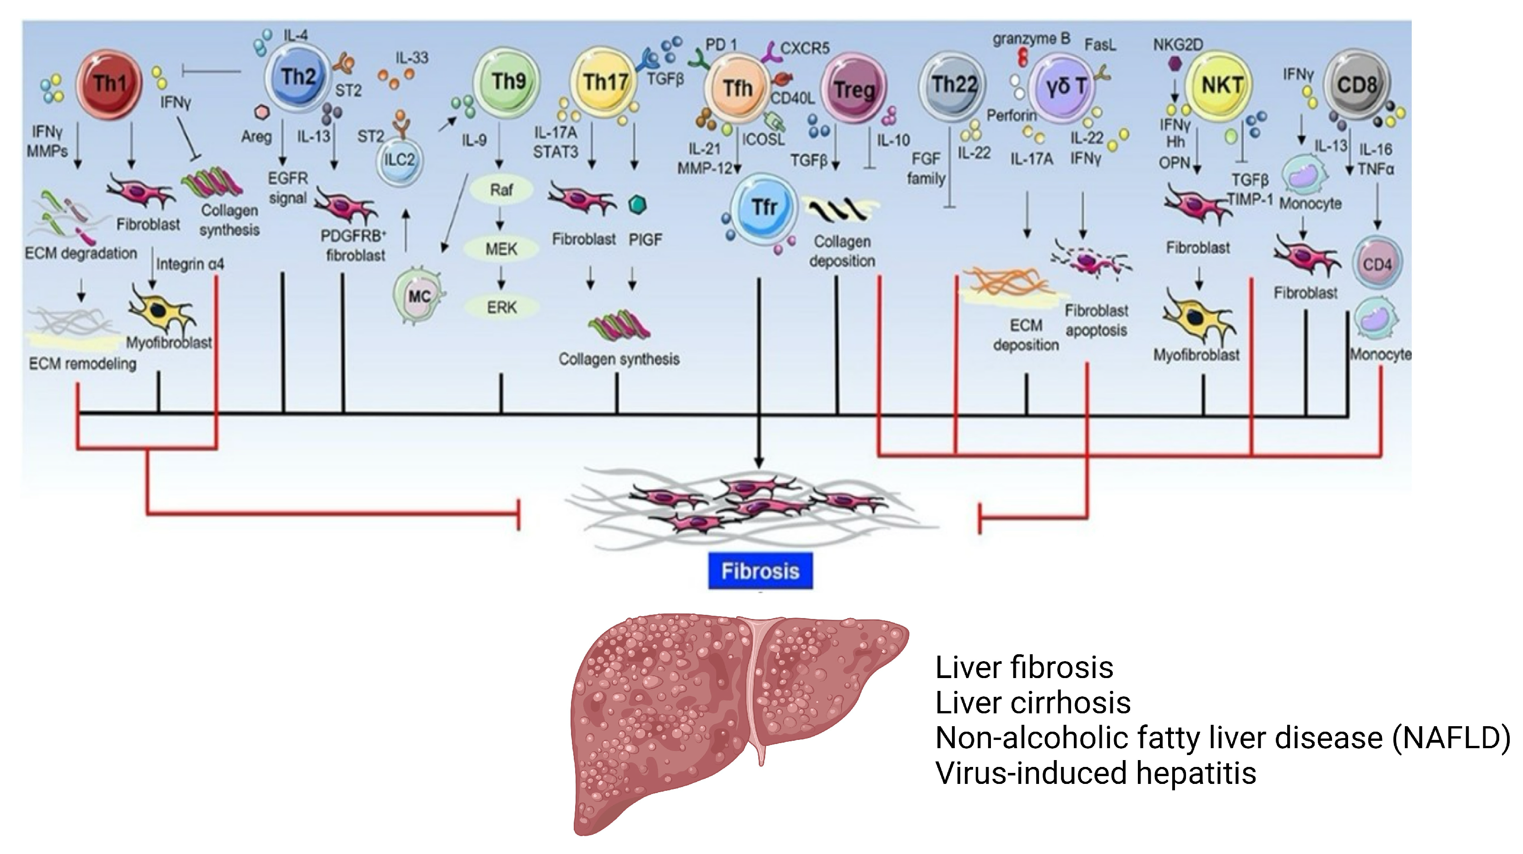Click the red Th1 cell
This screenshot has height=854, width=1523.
[x=109, y=84]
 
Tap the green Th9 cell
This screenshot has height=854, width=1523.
[x=507, y=82]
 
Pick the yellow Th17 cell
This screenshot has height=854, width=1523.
[x=604, y=83]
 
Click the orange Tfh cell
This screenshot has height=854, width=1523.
[x=737, y=89]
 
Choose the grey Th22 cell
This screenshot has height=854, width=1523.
[x=952, y=86]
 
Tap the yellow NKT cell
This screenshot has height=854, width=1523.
[x=1221, y=86]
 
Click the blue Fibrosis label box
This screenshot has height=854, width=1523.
[x=760, y=571]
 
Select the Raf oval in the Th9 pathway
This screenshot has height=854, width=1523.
[x=501, y=190]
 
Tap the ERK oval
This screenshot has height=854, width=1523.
[x=501, y=307]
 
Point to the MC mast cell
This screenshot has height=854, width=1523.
[x=419, y=296]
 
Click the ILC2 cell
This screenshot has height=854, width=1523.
[x=400, y=160]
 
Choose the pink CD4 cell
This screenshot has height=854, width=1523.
[x=1377, y=264]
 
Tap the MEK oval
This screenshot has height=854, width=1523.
[x=501, y=249]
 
